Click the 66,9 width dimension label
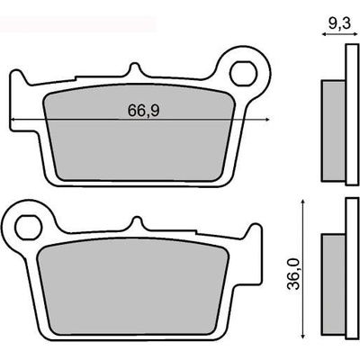pyautogui.click(x=143, y=111)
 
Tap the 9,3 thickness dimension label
pyautogui.click(x=339, y=23)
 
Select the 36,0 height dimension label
pyautogui.click(x=293, y=274)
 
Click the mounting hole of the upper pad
pyautogui.click(x=243, y=73)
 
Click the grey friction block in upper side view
pyautogui.click(x=333, y=130)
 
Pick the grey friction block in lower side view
pyautogui.click(x=333, y=284)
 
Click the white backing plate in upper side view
pyautogui.click(x=352, y=115)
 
